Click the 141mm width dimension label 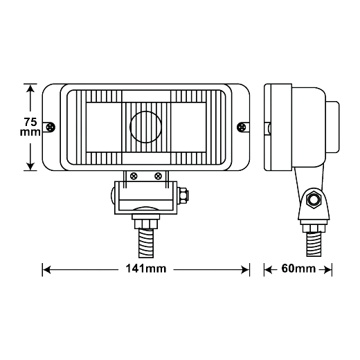coord(146,269)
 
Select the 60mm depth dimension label coord(298,269)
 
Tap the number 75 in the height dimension coord(30,122)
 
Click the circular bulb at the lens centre coord(145,127)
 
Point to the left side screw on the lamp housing coord(51,127)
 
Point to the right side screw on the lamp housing coord(242,127)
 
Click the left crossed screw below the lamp coord(134,177)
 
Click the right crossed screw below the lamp coord(158,177)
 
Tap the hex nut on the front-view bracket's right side coord(183,196)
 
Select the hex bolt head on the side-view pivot coord(313,199)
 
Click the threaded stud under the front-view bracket coord(146,243)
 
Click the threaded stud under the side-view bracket coord(314,244)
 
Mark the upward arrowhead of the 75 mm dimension coord(30,88)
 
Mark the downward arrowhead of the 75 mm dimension coord(30,166)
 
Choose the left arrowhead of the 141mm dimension coord(47,269)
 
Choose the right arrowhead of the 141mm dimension coord(245,269)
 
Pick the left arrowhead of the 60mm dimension coord(269,269)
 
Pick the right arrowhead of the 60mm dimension coord(327,269)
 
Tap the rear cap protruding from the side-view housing coord(332,127)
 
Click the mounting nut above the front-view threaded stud coord(146,224)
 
